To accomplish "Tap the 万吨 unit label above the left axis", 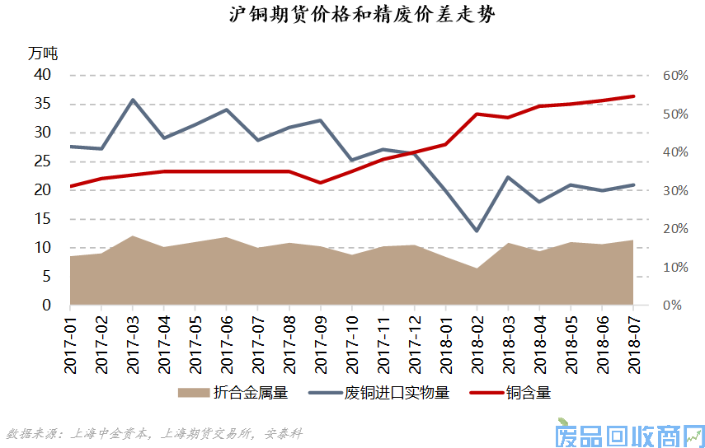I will [43, 54].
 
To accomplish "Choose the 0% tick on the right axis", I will [671, 306].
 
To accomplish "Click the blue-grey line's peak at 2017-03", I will [133, 100].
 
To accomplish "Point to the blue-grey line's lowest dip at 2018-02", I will [477, 231].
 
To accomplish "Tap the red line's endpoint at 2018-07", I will [632, 96].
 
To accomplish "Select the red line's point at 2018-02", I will [477, 114].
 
